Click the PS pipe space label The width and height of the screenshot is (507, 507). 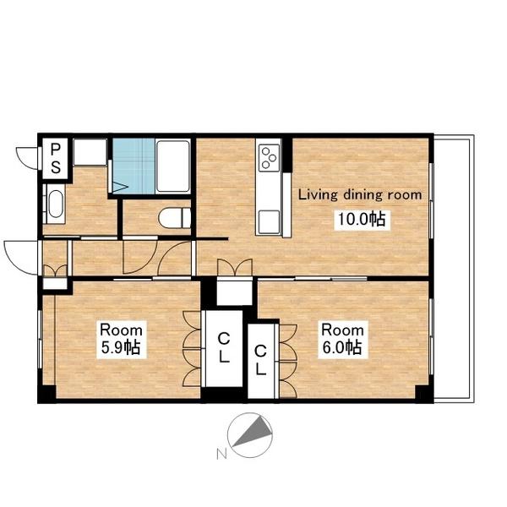(56, 158)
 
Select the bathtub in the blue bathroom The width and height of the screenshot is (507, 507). (173, 166)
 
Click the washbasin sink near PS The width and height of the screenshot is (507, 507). (55, 204)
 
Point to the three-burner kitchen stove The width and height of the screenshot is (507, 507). (270, 158)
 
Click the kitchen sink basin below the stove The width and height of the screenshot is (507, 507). (269, 221)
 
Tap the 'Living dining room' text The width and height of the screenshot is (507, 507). (360, 195)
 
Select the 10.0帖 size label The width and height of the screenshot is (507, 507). (362, 220)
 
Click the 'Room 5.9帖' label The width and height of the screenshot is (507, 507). (121, 339)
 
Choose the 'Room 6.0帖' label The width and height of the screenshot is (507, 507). (342, 339)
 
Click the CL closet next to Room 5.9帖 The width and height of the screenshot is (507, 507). (224, 348)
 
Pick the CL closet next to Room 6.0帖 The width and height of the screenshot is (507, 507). (260, 360)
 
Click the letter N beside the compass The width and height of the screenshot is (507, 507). (221, 454)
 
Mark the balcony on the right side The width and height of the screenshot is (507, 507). (453, 269)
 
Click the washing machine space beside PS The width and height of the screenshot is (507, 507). (90, 152)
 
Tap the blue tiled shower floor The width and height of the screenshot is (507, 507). (134, 166)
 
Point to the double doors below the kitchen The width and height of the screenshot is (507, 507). (235, 267)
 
